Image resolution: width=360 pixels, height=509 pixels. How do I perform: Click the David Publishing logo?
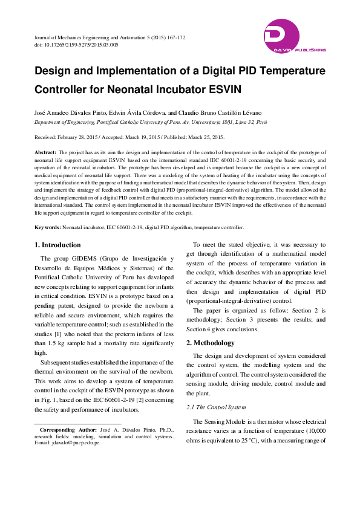pos(295,36)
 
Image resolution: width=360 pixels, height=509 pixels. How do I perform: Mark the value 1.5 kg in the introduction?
pos(58,343)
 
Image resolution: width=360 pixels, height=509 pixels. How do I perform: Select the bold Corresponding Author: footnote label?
pos(65,429)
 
